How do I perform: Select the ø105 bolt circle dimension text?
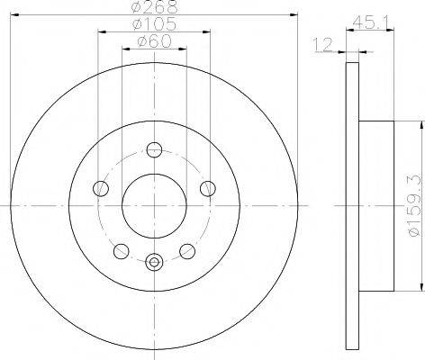point(154,25)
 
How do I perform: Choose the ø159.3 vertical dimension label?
point(413,204)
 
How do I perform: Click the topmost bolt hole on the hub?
point(154,149)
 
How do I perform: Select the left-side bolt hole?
point(100,188)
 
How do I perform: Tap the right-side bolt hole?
point(208,188)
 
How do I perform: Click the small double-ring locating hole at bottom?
point(154,263)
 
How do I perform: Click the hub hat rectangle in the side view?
point(376,205)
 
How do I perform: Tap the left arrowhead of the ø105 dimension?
point(98,31)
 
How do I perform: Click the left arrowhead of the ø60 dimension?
point(123,49)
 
